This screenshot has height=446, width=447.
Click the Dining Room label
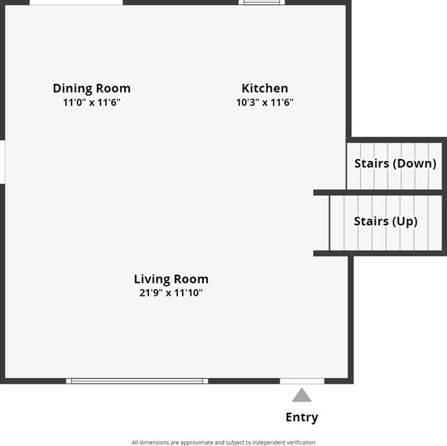(91, 88)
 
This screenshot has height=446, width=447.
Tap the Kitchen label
(265, 88)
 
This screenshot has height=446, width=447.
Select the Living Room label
(171, 279)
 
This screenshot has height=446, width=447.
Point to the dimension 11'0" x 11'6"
(91, 102)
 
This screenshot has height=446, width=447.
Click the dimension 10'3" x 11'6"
(265, 102)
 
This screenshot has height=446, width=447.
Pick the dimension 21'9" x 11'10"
(171, 293)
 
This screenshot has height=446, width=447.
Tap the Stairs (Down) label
(395, 163)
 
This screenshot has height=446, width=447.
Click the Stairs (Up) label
(386, 221)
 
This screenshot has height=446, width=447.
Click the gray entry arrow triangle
(302, 395)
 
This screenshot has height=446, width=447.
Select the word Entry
(302, 417)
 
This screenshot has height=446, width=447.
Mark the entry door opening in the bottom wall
(302, 381)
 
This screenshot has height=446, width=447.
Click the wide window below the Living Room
(137, 381)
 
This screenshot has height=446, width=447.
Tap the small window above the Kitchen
(261, 2)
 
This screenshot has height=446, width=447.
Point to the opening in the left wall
(2, 161)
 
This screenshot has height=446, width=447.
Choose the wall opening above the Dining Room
(76, 2)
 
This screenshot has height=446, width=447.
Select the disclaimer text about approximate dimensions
(223, 442)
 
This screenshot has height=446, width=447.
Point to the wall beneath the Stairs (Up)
(379, 253)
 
